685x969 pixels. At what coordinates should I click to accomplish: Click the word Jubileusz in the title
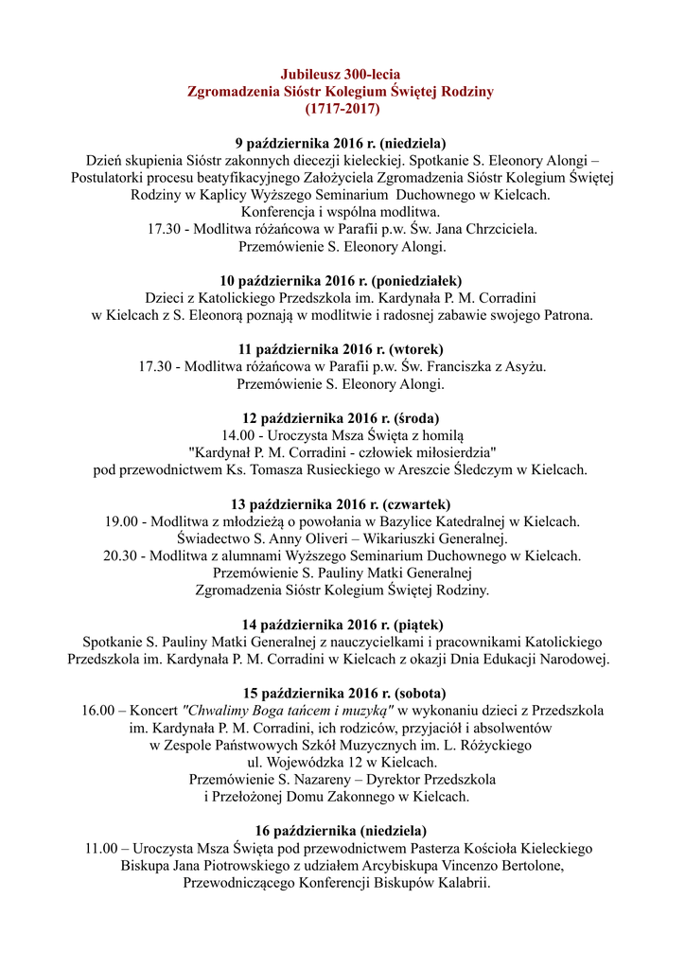pos(312,75)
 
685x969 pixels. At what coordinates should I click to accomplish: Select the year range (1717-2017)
pos(342,109)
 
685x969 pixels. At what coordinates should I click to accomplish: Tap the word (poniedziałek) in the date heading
pos(417,281)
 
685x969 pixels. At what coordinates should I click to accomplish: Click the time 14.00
pos(239,434)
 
